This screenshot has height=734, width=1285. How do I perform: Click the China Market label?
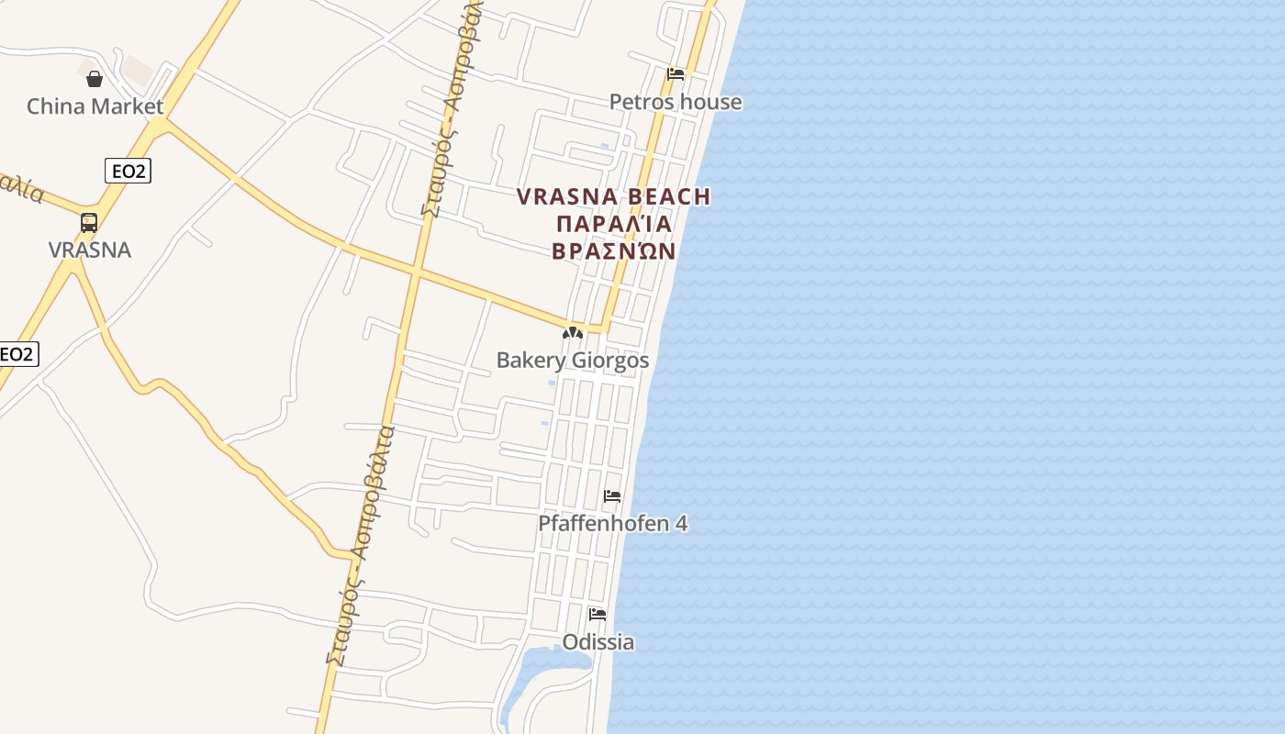tap(95, 106)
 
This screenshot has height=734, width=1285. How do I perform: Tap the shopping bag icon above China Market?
tap(95, 79)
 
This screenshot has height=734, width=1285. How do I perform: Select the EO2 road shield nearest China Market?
tap(127, 171)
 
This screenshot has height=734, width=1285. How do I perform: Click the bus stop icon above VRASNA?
tap(89, 223)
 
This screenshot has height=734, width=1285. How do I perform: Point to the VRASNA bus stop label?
tap(90, 250)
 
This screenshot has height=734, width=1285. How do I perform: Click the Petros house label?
tap(676, 102)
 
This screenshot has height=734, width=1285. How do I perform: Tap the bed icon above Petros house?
tap(676, 74)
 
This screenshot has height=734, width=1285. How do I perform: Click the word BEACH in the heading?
tap(669, 196)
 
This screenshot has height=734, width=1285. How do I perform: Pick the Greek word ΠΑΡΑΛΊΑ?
tap(614, 224)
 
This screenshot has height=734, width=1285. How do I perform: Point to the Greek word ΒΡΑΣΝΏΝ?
tap(614, 251)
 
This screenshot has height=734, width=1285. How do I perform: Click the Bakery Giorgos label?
tap(572, 361)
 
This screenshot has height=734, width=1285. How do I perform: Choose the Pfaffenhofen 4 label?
tap(612, 524)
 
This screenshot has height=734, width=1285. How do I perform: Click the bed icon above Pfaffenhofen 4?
tap(612, 496)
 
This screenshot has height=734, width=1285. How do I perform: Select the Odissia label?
tap(598, 642)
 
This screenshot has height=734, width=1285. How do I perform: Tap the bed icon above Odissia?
tap(598, 615)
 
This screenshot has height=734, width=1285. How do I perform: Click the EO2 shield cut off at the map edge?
tap(17, 354)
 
